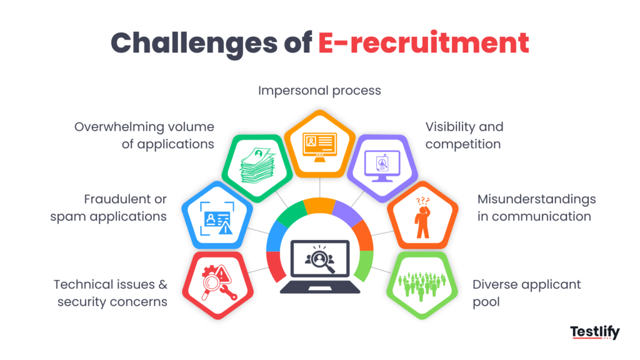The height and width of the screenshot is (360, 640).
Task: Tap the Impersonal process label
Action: [319, 91]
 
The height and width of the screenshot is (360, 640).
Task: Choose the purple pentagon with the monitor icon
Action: [382, 164]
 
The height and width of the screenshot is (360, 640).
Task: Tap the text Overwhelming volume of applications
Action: [144, 136]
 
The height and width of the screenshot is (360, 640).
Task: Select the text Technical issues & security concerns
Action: [111, 292]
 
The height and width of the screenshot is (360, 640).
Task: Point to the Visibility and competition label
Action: [464, 136]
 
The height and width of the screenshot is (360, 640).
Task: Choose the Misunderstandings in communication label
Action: [536, 208]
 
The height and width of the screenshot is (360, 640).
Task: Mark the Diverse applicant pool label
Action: [526, 292]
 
